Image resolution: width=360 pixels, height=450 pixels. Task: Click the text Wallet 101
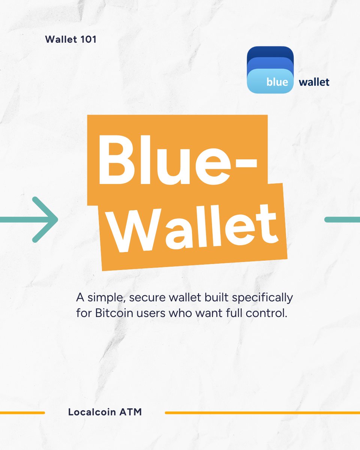click(x=70, y=39)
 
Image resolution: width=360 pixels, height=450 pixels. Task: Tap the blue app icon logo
click(x=270, y=69)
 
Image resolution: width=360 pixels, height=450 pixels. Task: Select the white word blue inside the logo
click(x=277, y=82)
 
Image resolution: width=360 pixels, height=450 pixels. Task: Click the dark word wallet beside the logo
click(x=314, y=82)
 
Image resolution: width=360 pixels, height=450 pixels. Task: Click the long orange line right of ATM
click(x=262, y=413)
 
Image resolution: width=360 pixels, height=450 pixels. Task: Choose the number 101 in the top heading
click(x=87, y=39)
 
